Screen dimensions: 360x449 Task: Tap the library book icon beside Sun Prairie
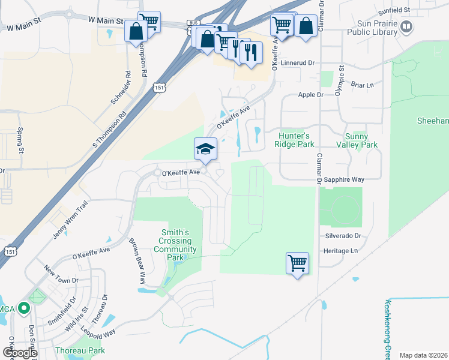coord(407,26)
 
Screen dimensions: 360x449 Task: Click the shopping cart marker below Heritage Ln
coord(298,263)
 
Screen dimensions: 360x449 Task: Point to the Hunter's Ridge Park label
coord(294,140)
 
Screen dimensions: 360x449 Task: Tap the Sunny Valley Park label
coord(361,140)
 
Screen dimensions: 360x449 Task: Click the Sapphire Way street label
coord(345,179)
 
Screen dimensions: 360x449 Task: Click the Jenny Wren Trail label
coord(70,220)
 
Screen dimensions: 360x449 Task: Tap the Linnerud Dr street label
coord(298,62)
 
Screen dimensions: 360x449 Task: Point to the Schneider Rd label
coord(120,88)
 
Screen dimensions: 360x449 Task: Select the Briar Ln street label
coord(361,85)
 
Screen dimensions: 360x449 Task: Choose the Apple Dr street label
coord(311,95)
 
